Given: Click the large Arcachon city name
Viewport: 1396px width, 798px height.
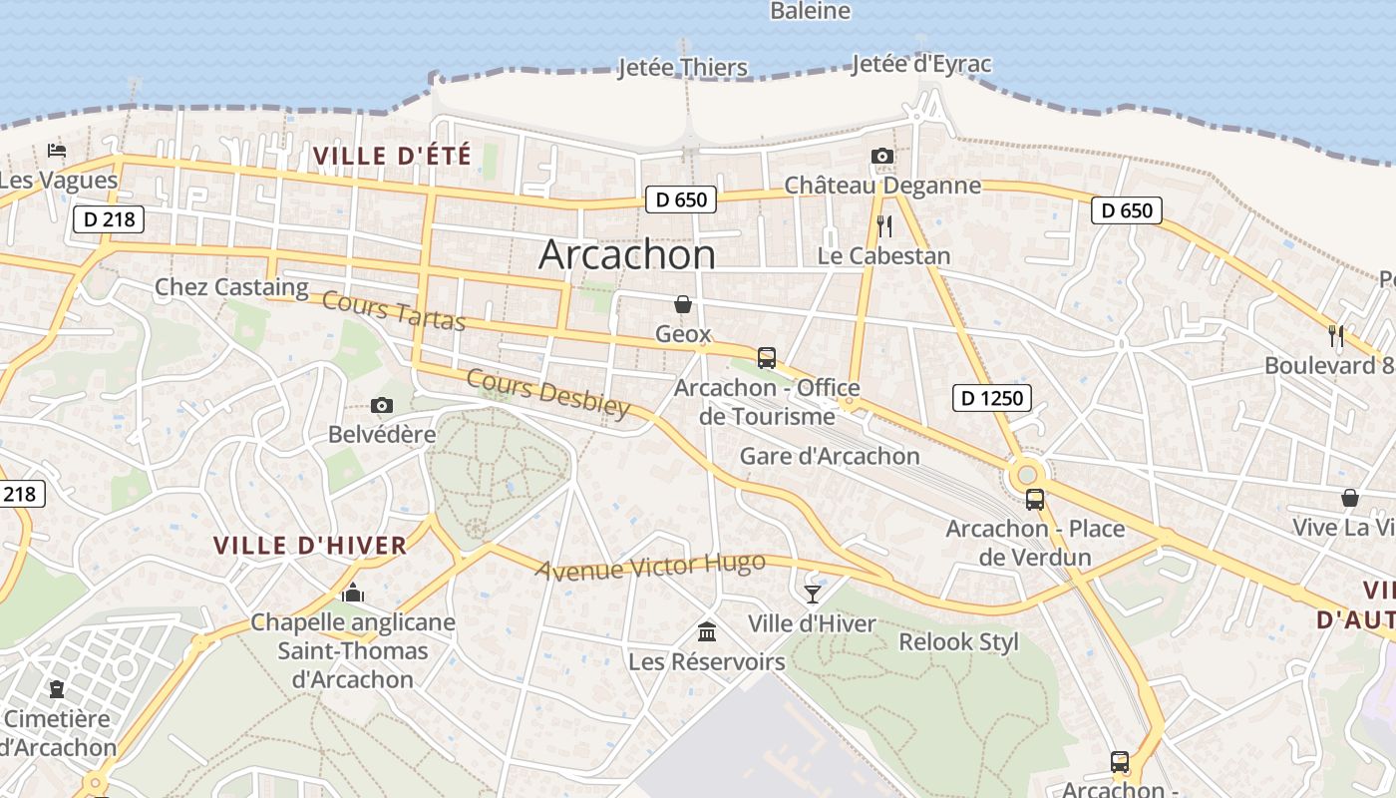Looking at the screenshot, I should click(x=627, y=254).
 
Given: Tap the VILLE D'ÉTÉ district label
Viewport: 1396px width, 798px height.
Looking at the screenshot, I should click(x=392, y=156).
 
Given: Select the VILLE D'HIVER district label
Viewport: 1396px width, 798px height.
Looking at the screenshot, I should click(x=310, y=546).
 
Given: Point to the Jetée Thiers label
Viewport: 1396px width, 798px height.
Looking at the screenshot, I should click(x=683, y=68).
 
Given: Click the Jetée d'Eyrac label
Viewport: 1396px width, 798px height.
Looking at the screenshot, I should click(x=921, y=65).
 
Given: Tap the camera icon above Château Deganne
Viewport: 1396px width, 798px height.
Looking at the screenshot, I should click(x=881, y=156).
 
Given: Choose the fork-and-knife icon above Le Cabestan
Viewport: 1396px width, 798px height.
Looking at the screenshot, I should click(x=883, y=226).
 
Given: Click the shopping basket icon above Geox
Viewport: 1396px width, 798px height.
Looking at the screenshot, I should click(x=683, y=304).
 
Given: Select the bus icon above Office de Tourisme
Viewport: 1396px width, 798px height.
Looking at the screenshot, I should click(x=766, y=358).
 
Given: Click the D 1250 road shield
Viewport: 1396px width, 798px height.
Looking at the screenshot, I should click(x=991, y=398).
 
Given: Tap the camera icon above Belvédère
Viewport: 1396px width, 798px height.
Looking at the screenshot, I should click(x=381, y=405).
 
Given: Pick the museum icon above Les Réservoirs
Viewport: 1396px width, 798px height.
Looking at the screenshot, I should click(x=707, y=631).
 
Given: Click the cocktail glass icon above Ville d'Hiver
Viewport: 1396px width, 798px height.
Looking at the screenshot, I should click(x=813, y=594).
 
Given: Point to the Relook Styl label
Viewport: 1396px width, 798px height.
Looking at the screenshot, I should click(x=958, y=641).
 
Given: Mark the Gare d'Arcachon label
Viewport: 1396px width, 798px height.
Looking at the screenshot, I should click(x=830, y=456).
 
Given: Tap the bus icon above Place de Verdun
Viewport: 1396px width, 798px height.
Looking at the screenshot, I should click(x=1035, y=500).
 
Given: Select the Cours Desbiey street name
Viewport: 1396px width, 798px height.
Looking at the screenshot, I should click(x=548, y=394).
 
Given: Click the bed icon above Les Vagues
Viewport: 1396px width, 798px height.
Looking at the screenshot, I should click(x=57, y=151).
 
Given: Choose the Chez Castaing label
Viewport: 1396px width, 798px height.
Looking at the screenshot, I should click(x=231, y=287).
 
